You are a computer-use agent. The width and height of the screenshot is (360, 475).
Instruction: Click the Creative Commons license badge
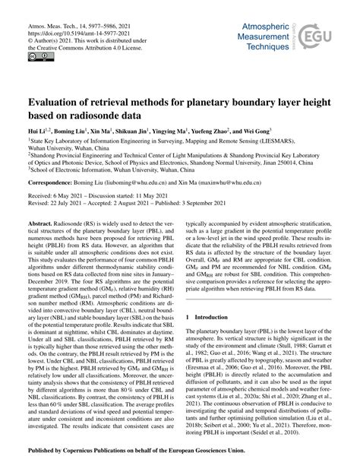coord(36,59)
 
